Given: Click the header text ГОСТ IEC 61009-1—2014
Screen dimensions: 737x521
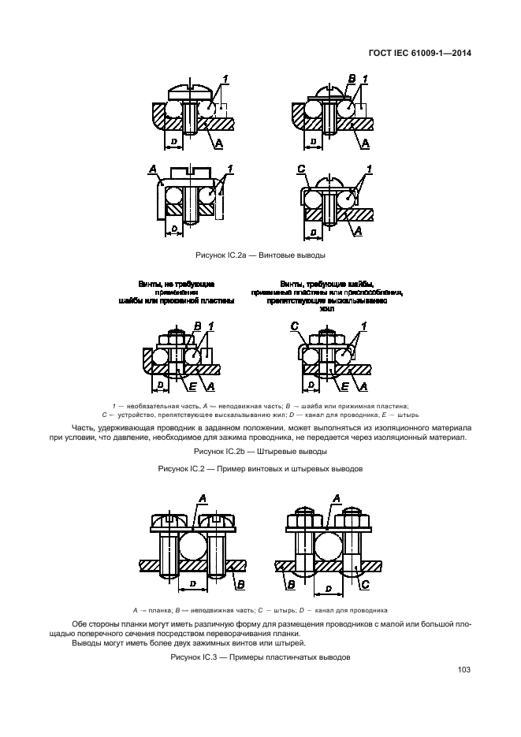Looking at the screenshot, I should [425, 54].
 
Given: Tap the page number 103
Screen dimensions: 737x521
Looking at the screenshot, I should [463, 670].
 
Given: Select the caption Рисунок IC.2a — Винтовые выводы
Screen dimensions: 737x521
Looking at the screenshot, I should [260, 255].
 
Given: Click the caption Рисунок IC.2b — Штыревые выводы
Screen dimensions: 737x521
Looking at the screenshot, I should [260, 452].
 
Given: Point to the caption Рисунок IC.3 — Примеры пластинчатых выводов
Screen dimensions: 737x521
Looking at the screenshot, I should [260, 657].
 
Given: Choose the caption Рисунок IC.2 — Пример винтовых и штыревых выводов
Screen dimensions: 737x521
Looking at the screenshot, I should [260, 468].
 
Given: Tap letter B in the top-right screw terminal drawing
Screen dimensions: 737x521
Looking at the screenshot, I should [351, 77].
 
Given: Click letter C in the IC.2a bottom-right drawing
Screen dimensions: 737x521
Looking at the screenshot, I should [301, 169].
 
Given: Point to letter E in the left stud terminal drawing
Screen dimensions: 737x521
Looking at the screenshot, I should [192, 385].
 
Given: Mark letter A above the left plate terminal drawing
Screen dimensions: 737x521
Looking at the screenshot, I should [203, 498].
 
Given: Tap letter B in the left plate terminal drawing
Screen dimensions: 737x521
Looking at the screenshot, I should [240, 584].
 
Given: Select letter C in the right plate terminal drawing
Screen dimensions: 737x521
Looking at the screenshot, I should [364, 584].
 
